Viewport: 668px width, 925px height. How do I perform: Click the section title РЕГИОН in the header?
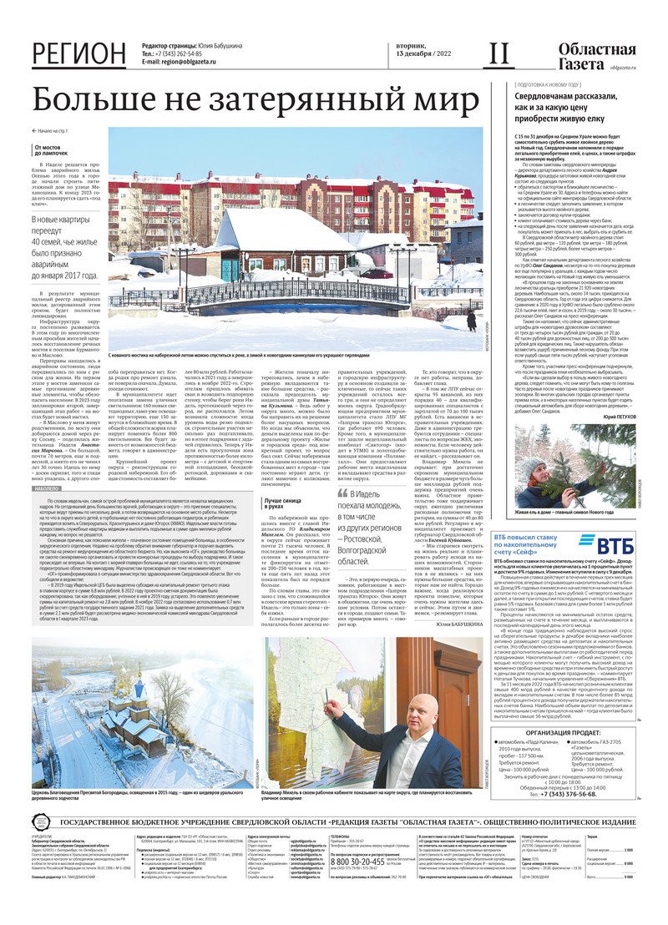pos(79,54)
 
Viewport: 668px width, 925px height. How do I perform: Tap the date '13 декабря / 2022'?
pos(417,63)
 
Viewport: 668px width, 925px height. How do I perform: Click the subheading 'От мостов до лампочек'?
pos(53,150)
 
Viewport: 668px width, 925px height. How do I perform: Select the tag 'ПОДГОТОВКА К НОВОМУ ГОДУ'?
pos(549,84)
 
